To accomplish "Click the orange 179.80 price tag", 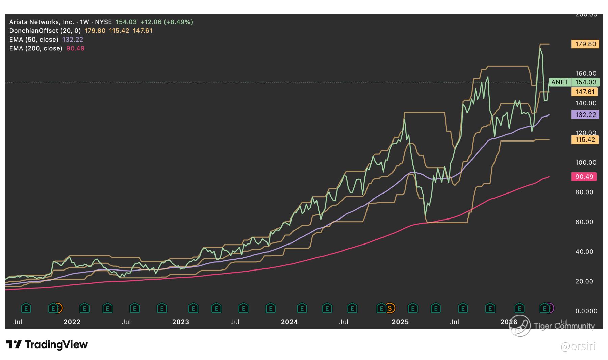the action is tap(585, 44).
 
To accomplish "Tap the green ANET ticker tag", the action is tap(560, 82).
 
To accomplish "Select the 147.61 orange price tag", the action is tap(585, 92).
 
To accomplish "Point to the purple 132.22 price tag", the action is tap(585, 115).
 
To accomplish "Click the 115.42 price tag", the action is tap(585, 140).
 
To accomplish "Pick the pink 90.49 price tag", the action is tap(584, 177).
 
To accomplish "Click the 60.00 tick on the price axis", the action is tap(584, 222).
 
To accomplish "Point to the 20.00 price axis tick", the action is tap(584, 281).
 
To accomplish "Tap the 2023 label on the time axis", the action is tap(181, 322).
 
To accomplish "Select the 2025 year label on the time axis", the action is tap(400, 322).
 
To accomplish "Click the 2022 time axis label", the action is tap(72, 322).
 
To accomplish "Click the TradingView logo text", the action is tap(56, 344).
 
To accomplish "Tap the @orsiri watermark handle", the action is tap(578, 346).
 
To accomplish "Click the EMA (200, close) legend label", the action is tap(36, 48).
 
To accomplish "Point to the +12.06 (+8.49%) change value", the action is tap(167, 22).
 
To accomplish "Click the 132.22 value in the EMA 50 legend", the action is tap(73, 40).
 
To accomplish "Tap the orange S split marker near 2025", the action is tap(390, 308).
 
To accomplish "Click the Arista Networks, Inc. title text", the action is tap(42, 22).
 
